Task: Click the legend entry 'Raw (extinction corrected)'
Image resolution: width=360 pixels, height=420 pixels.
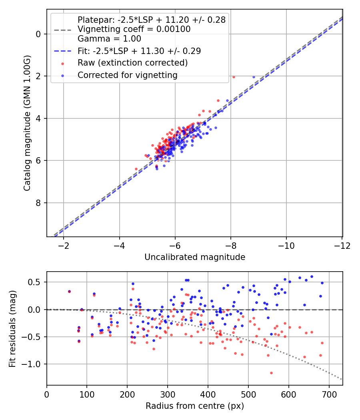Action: (132, 63)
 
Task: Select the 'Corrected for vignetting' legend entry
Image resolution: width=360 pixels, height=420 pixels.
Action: (127, 75)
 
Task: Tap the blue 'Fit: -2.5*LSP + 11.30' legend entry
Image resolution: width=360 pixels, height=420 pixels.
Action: (139, 51)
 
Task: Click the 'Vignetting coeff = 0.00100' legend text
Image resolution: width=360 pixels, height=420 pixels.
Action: (134, 29)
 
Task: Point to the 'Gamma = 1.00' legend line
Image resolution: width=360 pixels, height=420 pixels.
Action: (109, 39)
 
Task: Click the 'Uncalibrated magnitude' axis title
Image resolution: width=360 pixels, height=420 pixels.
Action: (195, 257)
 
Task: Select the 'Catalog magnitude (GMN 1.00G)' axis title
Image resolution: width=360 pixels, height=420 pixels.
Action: (27, 123)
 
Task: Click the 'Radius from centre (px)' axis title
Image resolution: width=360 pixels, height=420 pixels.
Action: (195, 406)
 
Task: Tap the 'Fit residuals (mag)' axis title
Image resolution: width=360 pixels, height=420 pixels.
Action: (13, 328)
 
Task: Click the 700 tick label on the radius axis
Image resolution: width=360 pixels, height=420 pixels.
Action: (329, 394)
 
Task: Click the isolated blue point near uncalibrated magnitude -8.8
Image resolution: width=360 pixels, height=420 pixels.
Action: (254, 77)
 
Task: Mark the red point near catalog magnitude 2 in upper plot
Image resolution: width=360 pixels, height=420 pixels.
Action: (234, 77)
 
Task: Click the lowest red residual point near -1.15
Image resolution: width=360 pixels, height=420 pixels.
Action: (271, 373)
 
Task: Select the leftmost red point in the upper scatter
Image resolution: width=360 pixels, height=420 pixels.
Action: (136, 169)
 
